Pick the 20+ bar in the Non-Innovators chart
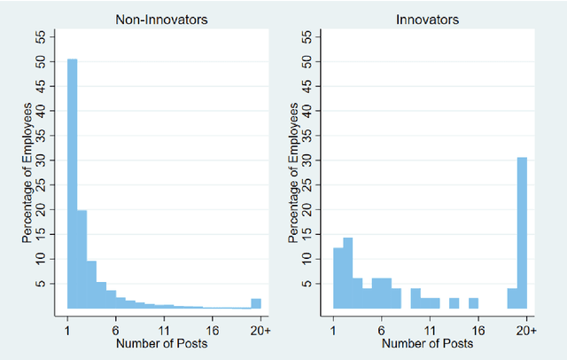tap(256, 303)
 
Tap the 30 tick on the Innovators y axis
tap(305, 160)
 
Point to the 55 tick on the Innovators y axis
tap(305, 37)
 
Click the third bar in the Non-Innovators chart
tap(91, 285)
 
